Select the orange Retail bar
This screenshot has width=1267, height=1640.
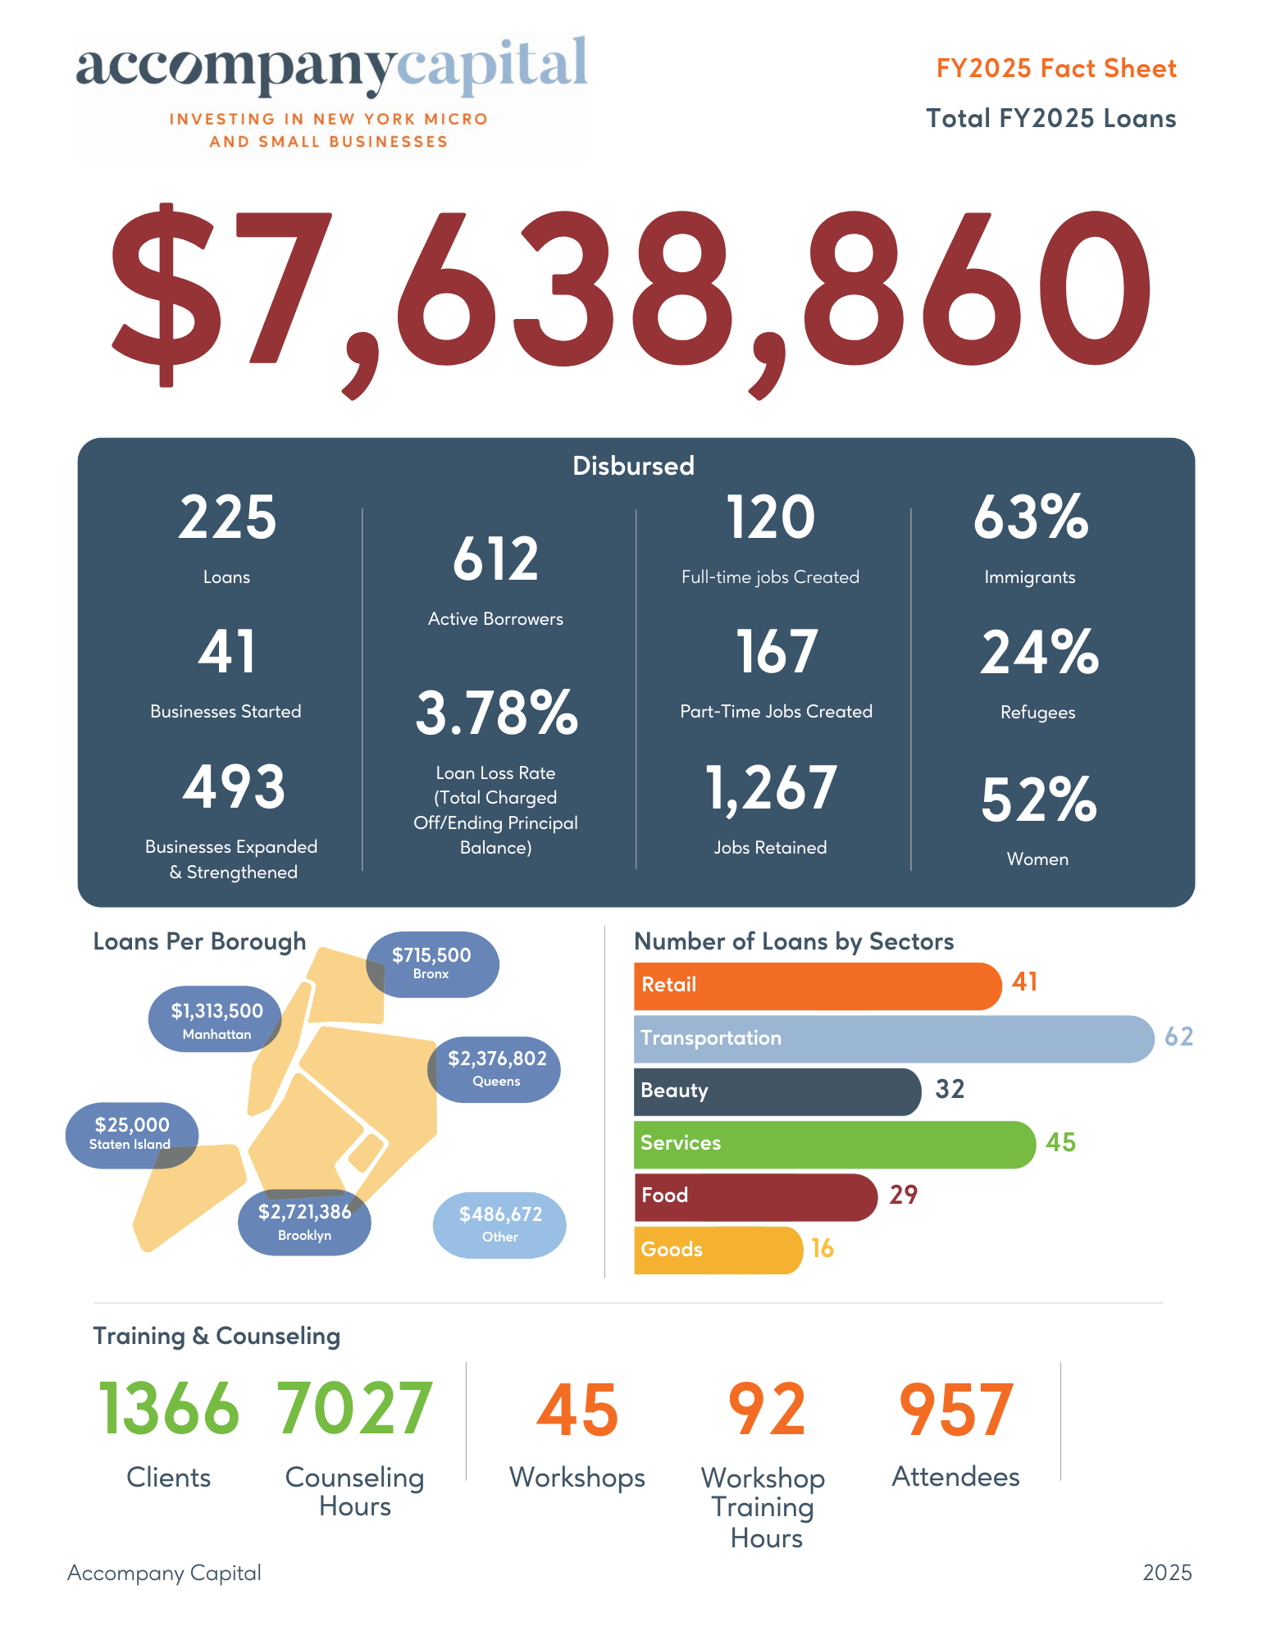(817, 986)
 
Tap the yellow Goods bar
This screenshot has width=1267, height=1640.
(718, 1250)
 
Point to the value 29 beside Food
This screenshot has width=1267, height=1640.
(903, 1195)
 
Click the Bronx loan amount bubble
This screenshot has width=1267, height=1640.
(432, 963)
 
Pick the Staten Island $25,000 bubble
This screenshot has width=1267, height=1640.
(132, 1134)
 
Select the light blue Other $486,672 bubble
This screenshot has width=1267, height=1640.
(499, 1224)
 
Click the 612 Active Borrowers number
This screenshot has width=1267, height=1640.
(496, 559)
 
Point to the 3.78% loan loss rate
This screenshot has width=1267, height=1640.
(496, 713)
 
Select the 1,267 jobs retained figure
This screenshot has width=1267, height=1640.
(771, 788)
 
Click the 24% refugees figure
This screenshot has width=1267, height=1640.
(1038, 653)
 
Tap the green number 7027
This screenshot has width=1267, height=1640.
(354, 1409)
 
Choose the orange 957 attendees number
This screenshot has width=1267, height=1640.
(956, 1409)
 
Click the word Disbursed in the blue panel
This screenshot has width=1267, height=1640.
(633, 466)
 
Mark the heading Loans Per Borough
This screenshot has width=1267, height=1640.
(199, 941)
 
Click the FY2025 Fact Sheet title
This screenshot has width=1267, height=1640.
(1056, 68)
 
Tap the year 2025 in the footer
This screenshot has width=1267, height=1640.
(1167, 1573)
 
